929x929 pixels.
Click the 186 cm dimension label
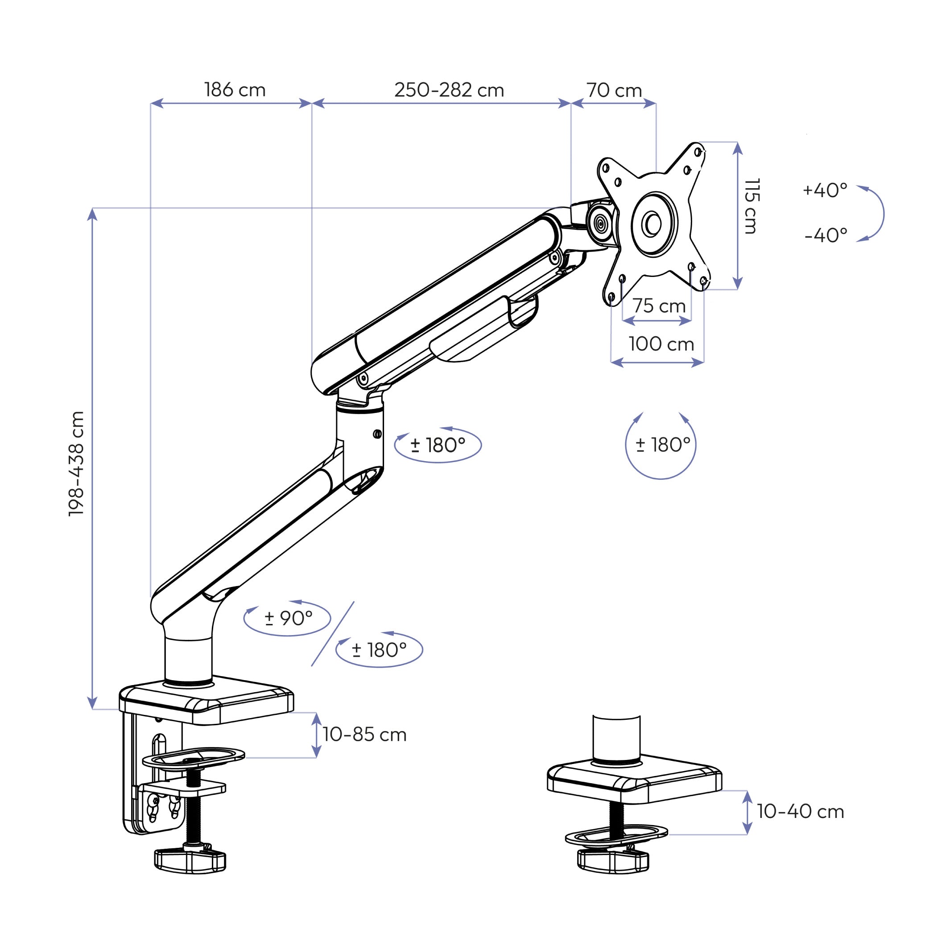[235, 90]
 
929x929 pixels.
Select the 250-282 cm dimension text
[449, 90]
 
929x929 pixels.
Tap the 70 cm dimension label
[614, 91]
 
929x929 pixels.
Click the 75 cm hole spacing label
[658, 306]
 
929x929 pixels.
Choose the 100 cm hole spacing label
[661, 344]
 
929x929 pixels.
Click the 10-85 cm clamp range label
[364, 734]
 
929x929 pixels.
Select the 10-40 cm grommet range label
[801, 811]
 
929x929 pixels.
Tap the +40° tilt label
[825, 190]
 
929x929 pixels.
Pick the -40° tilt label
[826, 235]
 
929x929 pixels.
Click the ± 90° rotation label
[289, 619]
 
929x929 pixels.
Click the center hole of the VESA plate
[653, 223]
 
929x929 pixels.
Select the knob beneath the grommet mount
[613, 859]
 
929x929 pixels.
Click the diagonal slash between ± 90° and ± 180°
[333, 634]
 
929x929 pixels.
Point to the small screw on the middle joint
[377, 434]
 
